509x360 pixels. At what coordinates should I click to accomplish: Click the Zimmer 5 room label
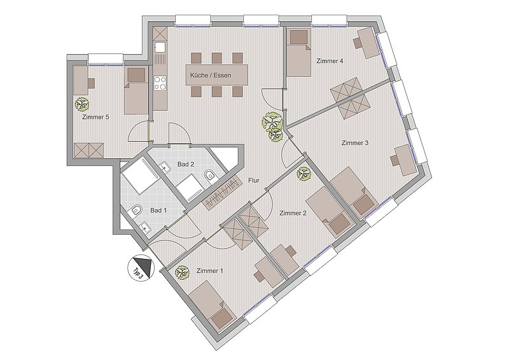coord(95,117)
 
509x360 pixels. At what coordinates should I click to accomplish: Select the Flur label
coord(254,181)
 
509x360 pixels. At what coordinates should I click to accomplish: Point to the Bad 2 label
coord(186,164)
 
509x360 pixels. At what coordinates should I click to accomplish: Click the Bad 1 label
coord(158,211)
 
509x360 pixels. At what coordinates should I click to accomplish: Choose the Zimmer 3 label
coord(355,143)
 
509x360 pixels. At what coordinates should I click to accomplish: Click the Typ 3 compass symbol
coord(140,267)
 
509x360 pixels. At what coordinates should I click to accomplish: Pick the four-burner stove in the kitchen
coord(160,82)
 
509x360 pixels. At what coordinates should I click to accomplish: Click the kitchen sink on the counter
coord(160,48)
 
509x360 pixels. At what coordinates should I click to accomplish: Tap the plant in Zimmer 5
coord(82,104)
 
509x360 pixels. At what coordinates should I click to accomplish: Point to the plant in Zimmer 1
coord(182,273)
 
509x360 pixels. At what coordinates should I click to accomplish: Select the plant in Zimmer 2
coord(304,174)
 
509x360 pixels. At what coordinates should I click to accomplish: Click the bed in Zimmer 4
coord(298,53)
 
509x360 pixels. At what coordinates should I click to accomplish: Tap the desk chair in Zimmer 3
coord(395,160)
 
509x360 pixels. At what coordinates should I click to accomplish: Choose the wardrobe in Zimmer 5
coord(88,150)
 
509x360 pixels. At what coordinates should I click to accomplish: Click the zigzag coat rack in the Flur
coord(222,192)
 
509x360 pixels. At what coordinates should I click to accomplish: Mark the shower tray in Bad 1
coord(139,176)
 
